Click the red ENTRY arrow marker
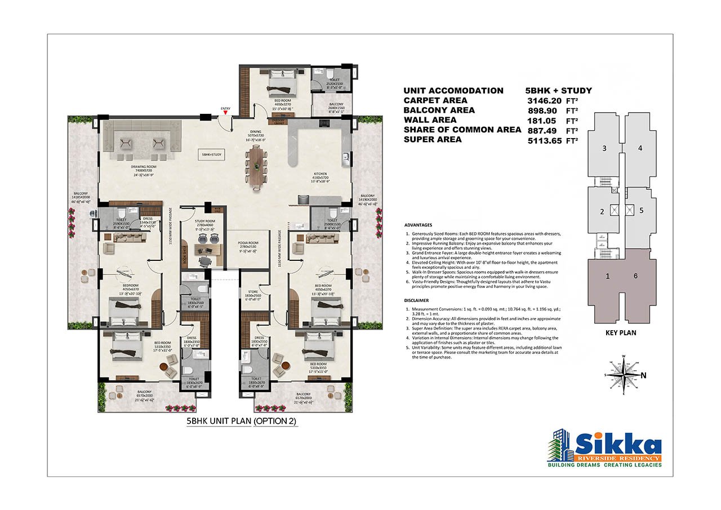point(225,113)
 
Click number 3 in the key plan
point(604,148)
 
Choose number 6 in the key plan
point(635,276)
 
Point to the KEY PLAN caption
point(621,332)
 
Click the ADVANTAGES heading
point(419,224)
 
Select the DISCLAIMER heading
point(416,300)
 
